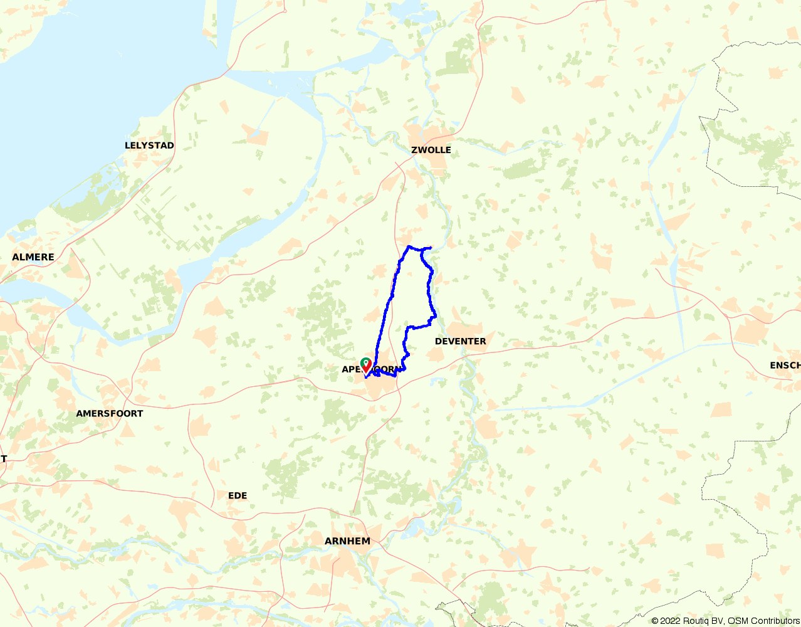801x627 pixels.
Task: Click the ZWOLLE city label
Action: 431,150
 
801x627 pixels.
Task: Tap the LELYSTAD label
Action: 149,145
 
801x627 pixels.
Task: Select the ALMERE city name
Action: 33,257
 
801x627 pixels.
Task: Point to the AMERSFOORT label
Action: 109,414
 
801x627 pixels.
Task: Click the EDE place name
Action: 238,496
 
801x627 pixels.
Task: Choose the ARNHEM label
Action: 347,541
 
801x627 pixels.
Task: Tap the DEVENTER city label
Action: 460,342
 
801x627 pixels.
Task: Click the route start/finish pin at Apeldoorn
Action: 365,366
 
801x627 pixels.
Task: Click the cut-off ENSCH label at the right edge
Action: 785,366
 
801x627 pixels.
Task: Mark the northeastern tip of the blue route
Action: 431,248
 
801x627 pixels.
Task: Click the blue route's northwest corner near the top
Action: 409,246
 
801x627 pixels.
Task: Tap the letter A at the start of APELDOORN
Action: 345,369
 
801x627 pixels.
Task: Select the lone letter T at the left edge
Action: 3,459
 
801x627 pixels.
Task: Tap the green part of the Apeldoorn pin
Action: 365,362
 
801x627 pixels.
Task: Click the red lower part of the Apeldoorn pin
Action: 365,369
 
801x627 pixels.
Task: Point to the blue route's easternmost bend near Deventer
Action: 434,316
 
